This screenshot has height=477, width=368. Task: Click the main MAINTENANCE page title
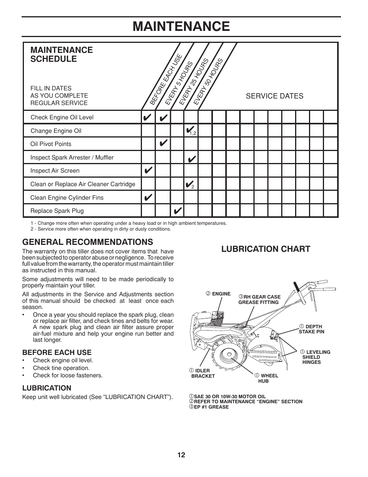point(181,26)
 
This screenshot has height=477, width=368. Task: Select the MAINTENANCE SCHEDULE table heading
point(61,54)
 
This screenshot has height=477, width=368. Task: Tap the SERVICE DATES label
point(274,96)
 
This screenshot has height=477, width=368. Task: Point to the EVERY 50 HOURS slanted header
point(208,81)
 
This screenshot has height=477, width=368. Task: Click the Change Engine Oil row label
point(56,131)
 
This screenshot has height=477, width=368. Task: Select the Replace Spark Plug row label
point(57,211)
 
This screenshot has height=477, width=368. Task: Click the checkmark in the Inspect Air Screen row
point(148,170)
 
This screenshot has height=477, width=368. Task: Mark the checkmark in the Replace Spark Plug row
point(177,211)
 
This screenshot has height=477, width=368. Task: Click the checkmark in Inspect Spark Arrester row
point(191,158)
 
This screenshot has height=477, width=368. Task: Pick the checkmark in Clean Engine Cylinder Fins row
point(148,197)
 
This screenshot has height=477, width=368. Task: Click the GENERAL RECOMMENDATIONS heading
point(88,242)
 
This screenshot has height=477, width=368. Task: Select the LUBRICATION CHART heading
point(265,249)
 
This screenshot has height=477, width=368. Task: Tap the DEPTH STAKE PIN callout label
point(311,329)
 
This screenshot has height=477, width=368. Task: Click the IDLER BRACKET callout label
point(202,373)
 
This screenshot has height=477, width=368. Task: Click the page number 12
point(181,455)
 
